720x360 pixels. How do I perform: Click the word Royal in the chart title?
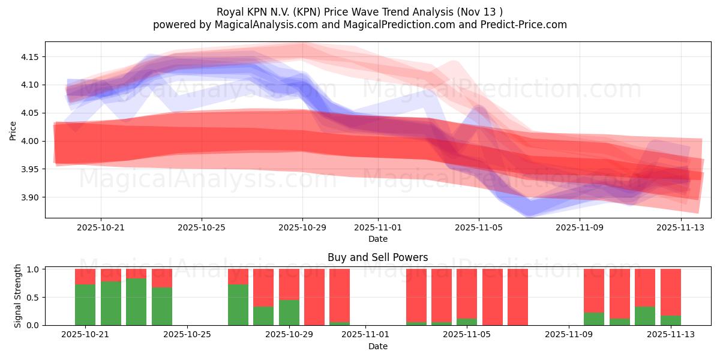pos(229,12)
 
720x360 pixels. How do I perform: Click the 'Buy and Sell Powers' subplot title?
pos(377,257)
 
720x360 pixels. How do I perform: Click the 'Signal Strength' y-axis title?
pos(18,296)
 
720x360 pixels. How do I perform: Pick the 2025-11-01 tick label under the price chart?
pos(378,227)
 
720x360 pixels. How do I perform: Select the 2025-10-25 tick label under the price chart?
pos(202,227)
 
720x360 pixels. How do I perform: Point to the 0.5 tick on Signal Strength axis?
pos(33,297)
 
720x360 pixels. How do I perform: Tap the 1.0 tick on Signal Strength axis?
pos(33,269)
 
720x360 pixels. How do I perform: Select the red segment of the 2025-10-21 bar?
pos(85,276)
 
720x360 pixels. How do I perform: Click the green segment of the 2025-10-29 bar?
pos(289,313)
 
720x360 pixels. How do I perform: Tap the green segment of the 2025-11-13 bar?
pos(671,320)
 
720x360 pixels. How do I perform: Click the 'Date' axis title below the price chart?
pos(377,239)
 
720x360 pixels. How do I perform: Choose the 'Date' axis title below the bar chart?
pos(377,346)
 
